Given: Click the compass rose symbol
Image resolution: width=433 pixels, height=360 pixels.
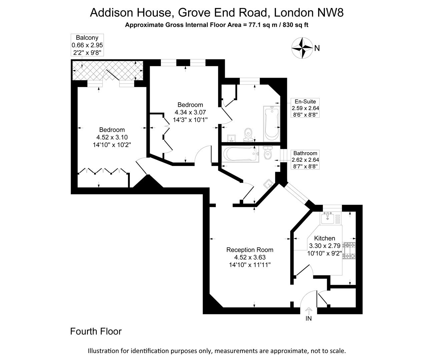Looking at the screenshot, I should pos(302,48).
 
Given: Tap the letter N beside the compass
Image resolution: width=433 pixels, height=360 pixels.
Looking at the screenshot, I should pos(317,48).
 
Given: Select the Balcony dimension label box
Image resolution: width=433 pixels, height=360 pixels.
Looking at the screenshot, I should pos(87,45).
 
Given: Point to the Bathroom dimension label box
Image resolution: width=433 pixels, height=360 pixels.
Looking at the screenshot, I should pos(305,160).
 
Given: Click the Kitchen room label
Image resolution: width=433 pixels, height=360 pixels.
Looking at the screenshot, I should pos(325,238).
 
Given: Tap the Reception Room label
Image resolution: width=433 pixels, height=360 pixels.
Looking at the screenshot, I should pos(250,250).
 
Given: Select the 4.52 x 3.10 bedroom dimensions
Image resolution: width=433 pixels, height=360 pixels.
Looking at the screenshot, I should pos(112,137).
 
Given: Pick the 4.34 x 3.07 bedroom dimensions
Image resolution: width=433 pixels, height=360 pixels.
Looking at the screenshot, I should pos(190,112).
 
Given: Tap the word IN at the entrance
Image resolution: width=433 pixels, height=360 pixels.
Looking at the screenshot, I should pos(309,319).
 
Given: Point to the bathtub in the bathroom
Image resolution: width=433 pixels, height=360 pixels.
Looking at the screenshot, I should pos(240,154).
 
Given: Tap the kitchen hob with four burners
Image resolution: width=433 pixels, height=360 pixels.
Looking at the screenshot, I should pos(350,251).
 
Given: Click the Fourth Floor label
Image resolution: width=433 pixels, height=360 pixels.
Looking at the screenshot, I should pos(96,331).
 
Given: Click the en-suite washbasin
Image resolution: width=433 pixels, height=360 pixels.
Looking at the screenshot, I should pos(231,138).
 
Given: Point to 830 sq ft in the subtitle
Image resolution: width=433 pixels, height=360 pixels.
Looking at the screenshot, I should pos(295,25).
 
